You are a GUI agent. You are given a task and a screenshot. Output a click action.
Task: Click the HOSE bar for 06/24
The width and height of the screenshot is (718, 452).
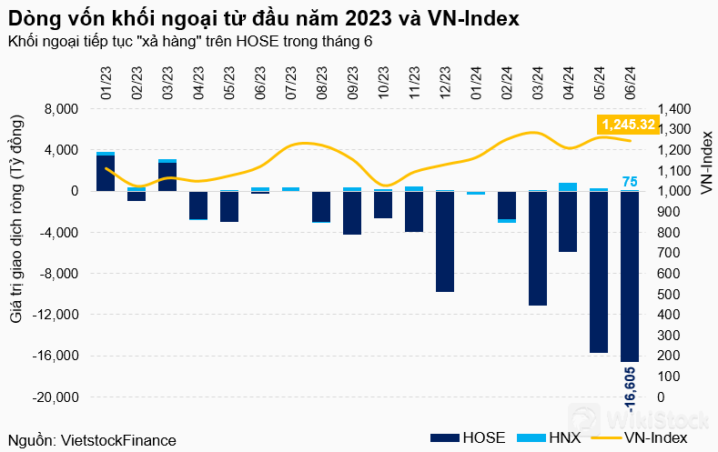tap(630, 276)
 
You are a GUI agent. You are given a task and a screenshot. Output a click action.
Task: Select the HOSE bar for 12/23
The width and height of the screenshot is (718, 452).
tap(445, 241)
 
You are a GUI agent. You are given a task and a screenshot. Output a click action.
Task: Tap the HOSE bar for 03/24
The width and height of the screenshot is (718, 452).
tap(538, 248)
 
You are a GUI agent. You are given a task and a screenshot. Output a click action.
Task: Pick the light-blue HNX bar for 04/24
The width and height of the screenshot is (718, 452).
tap(568, 186)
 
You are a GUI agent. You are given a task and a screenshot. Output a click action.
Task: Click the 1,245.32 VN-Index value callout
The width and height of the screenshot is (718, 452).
tap(628, 124)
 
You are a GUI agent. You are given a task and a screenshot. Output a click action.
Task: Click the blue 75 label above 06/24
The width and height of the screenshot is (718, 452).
tap(630, 182)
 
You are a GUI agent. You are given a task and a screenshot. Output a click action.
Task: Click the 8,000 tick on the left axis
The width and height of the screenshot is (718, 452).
tap(62, 109)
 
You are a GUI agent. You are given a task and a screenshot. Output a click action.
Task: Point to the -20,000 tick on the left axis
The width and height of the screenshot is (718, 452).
tap(58, 397)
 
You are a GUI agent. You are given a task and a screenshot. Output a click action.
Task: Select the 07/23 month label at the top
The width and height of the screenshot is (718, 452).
tap(291, 85)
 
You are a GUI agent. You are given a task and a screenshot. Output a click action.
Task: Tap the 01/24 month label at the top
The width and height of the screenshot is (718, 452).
tap(476, 85)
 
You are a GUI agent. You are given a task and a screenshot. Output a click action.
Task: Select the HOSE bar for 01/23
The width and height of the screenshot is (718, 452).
tap(106, 173)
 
